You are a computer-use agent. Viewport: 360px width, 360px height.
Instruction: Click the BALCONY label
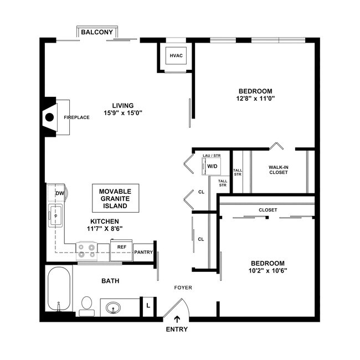[97, 33]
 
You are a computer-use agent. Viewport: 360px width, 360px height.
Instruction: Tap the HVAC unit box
[176, 56]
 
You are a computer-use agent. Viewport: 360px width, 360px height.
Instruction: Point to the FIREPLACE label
[76, 117]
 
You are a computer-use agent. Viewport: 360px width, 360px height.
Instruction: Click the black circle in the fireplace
[49, 117]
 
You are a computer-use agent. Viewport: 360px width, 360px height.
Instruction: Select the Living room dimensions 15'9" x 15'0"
[122, 114]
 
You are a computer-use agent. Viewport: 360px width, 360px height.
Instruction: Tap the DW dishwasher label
[59, 193]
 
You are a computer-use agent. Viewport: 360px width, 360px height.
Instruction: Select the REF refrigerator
[121, 247]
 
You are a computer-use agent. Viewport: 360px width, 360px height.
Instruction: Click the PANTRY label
[143, 252]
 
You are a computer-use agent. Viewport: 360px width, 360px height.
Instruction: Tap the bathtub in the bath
[58, 290]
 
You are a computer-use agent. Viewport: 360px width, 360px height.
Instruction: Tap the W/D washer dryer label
[212, 166]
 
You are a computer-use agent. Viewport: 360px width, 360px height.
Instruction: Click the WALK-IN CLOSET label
[279, 169]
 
